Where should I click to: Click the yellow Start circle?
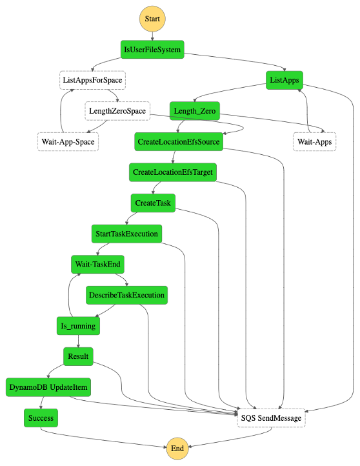tap(152, 19)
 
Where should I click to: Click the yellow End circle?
tap(177, 449)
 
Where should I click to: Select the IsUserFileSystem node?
tap(152, 49)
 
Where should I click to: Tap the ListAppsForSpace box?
tap(92, 80)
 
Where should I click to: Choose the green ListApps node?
tap(284, 80)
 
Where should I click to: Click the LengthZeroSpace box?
tap(117, 111)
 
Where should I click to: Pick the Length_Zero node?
tap(194, 111)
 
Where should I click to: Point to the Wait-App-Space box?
tap(67, 141)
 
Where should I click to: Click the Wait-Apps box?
tap(314, 141)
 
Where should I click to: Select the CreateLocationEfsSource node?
tap(179, 141)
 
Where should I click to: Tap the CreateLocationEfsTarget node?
tap(172, 172)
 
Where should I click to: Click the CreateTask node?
tap(153, 203)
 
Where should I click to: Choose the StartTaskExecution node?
tap(126, 234)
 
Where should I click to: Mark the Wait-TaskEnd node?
tap(97, 264)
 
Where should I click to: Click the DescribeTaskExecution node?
tap(127, 295)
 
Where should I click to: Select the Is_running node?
tap(78, 326)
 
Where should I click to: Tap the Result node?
tap(78, 356)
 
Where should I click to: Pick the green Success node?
tap(41, 418)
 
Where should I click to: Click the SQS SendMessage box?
tap(271, 418)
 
